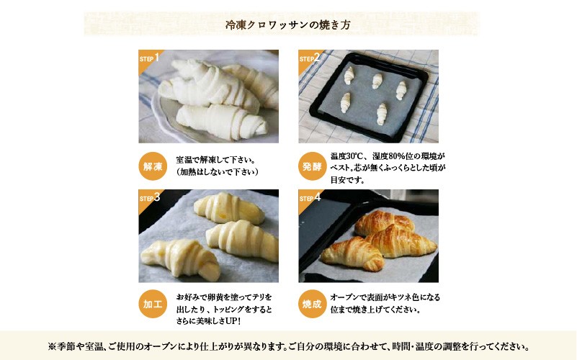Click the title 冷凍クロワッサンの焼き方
pos(287,24)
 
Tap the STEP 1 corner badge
pos(148,59)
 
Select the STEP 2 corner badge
pos(308,59)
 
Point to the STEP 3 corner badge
pos(148,199)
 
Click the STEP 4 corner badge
pos(308,199)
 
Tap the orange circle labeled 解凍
pos(153,166)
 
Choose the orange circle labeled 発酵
pos(312,166)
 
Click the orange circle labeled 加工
pos(153,304)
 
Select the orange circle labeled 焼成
pos(312,304)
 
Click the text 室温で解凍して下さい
pos(213,160)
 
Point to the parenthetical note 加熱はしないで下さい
pos(217,172)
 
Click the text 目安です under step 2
pos(347,180)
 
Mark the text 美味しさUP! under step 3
pos(218,321)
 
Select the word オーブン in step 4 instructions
pos(343,297)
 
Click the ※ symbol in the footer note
pos(52,346)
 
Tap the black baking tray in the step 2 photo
pos(369,96)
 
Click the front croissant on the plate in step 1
pos(221,122)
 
